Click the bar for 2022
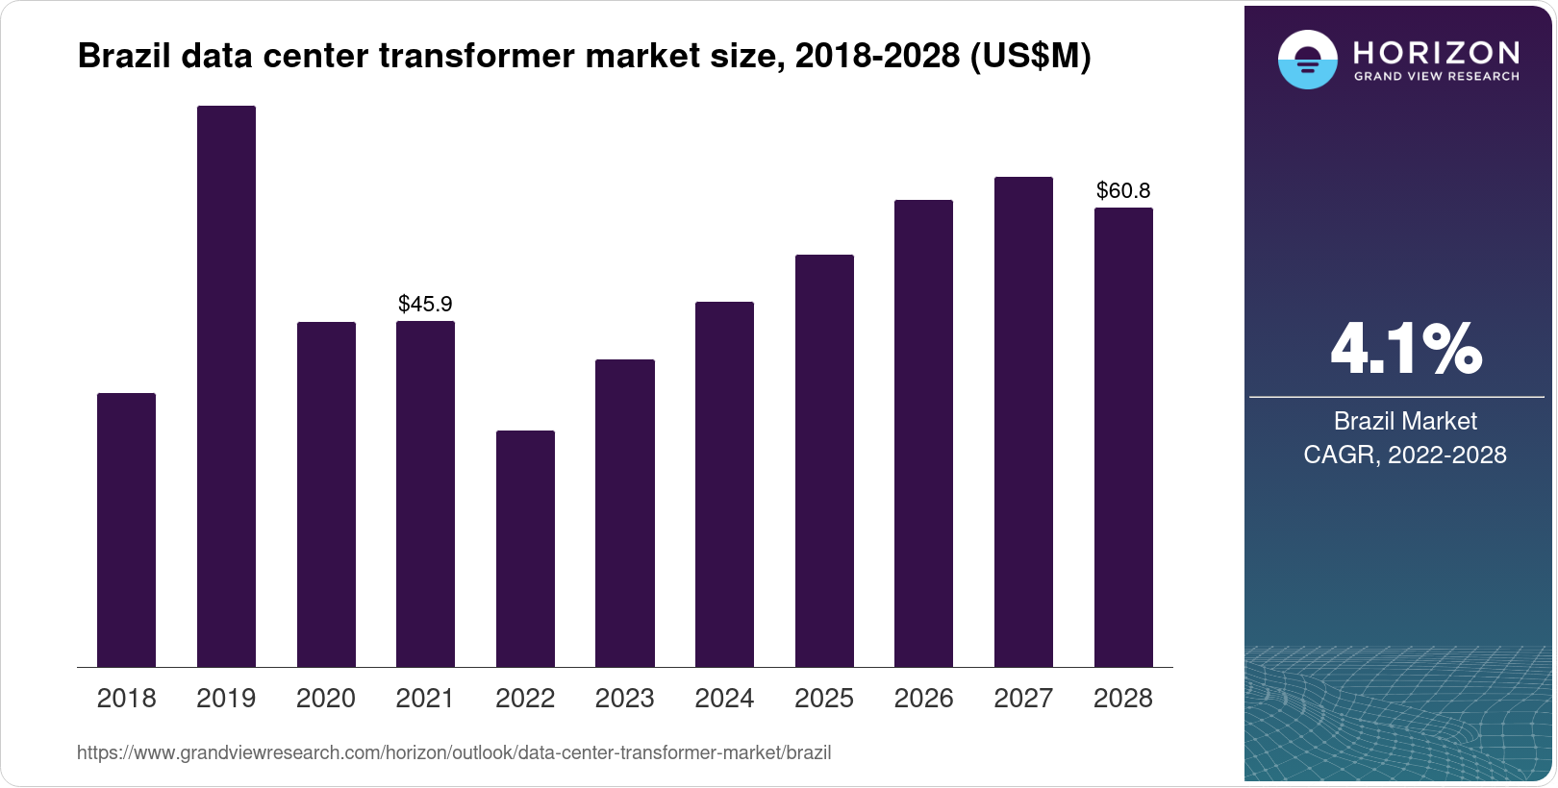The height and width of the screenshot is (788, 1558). click(525, 549)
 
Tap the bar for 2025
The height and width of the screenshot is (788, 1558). click(824, 460)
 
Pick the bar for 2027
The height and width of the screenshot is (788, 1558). click(1023, 422)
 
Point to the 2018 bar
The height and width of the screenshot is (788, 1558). click(126, 529)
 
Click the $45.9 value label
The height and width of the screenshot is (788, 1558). click(425, 305)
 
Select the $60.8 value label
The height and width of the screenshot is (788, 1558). click(1123, 191)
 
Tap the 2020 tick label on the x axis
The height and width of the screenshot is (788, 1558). click(325, 699)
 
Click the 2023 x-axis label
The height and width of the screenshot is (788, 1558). click(624, 699)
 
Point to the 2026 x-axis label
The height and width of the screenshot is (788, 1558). click(923, 699)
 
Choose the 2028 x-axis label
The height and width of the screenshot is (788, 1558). click(1123, 699)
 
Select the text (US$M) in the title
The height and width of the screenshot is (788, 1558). click(1030, 57)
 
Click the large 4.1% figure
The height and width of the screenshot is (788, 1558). click(1405, 350)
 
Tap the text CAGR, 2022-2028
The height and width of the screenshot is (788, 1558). click(1404, 455)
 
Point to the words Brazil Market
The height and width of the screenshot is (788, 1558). click(1404, 421)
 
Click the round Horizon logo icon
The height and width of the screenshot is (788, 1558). click(1307, 60)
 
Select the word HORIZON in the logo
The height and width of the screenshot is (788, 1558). click(1436, 52)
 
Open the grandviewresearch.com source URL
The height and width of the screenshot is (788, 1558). click(454, 753)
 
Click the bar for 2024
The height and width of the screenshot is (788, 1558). click(724, 484)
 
